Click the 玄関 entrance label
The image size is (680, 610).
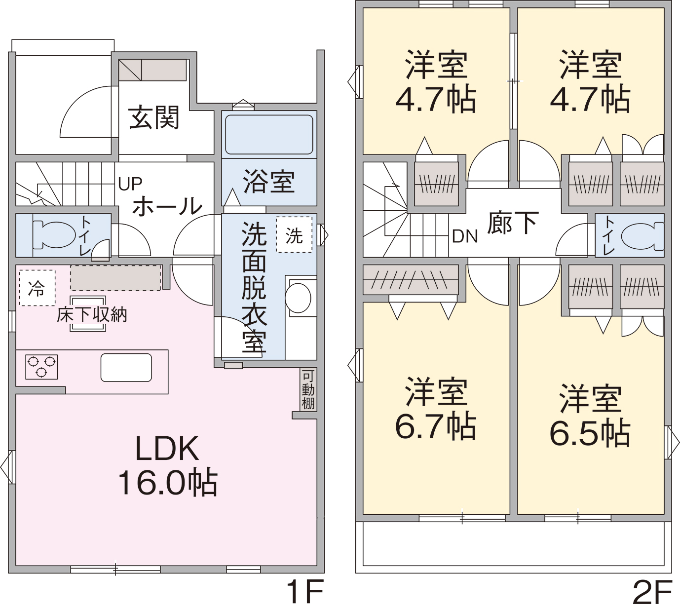pyautogui.click(x=154, y=117)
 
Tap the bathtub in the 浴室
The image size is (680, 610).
pyautogui.click(x=269, y=134)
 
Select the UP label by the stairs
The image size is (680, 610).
pyautogui.click(x=130, y=184)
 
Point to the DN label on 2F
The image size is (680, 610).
pyautogui.click(x=465, y=236)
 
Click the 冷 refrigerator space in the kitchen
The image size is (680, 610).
pyautogui.click(x=37, y=288)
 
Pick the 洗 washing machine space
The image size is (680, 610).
pyautogui.click(x=294, y=234)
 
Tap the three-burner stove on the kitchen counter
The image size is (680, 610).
pyautogui.click(x=41, y=367)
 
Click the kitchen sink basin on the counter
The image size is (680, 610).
pyautogui.click(x=126, y=367)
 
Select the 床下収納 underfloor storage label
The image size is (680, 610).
pyautogui.click(x=92, y=315)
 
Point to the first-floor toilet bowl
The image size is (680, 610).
pyautogui.click(x=54, y=234)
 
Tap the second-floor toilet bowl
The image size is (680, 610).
pyautogui.click(x=642, y=236)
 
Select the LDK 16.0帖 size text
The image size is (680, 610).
pyautogui.click(x=167, y=465)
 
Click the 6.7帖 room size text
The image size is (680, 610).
pyautogui.click(x=436, y=427)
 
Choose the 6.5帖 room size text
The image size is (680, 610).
pyautogui.click(x=590, y=434)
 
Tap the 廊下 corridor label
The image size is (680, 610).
pyautogui.click(x=513, y=223)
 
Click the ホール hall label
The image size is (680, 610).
pyautogui.click(x=167, y=206)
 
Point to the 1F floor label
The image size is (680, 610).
pyautogui.click(x=304, y=592)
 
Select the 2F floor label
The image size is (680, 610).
pyautogui.click(x=653, y=592)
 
